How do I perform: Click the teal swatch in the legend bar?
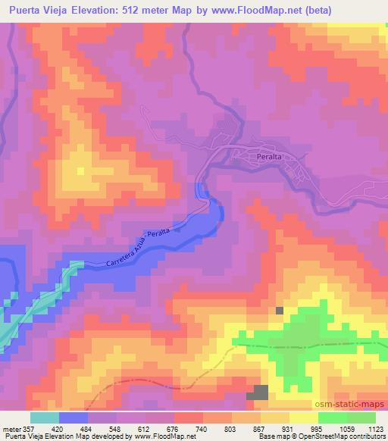point(45,417)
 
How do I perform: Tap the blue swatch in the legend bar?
point(74,417)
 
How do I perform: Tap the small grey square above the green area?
point(280,311)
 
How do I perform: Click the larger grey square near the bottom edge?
point(261,392)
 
